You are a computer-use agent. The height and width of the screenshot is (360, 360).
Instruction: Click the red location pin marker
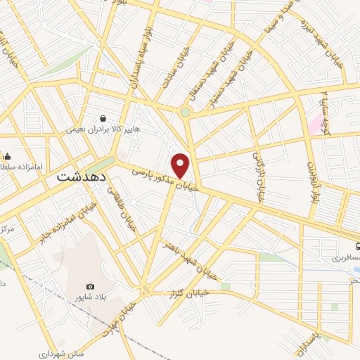181,165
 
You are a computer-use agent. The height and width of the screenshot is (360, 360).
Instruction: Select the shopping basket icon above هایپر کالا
104,118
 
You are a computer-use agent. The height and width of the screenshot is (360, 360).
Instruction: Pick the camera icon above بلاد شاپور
90,286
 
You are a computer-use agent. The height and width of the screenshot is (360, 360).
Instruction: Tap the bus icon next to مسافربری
358,247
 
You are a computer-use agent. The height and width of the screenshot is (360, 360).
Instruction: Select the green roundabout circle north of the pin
185,112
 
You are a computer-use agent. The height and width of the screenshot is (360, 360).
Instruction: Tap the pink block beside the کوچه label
314,126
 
